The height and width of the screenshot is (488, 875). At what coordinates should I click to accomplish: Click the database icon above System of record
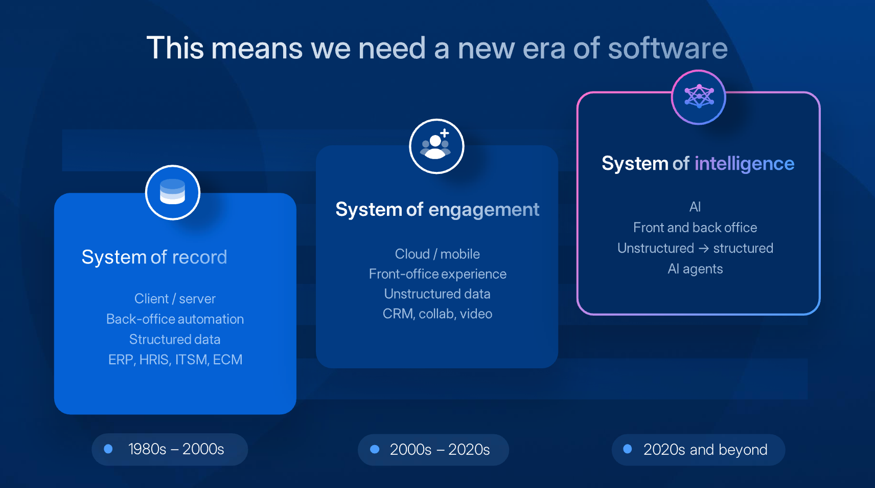(x=173, y=192)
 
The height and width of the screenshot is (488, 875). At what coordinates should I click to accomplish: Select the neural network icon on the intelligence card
(x=699, y=96)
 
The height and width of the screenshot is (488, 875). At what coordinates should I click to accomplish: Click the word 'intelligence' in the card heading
(x=744, y=164)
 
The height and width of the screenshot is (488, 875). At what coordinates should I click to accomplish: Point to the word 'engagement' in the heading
(x=483, y=210)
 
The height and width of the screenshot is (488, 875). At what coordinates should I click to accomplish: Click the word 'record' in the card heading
(x=200, y=257)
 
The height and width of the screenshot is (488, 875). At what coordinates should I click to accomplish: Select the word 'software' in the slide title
(x=667, y=49)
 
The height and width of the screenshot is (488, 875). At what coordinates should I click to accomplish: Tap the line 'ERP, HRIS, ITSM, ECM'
(x=175, y=360)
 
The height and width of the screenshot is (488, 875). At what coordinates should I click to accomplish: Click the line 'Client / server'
(x=175, y=299)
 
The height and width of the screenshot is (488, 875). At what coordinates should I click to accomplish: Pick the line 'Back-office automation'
(x=175, y=319)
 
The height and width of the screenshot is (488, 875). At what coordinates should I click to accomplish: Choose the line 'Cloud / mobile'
(x=437, y=254)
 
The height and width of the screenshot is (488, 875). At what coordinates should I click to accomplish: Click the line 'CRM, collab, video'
(x=437, y=314)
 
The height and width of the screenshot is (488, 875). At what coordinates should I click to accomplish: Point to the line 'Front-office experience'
(x=437, y=274)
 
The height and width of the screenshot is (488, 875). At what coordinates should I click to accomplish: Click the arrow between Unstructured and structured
(x=703, y=249)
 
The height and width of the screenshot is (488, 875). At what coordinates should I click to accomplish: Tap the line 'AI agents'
(x=695, y=269)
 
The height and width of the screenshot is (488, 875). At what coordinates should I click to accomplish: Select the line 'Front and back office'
(x=695, y=228)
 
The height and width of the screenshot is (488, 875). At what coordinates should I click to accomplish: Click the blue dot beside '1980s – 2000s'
(x=108, y=449)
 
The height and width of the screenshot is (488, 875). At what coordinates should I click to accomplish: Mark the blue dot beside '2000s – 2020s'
(x=375, y=449)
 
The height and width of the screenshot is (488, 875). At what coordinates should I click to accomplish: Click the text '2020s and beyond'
(x=705, y=450)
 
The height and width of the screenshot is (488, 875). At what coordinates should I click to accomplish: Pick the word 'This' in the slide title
(x=175, y=48)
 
